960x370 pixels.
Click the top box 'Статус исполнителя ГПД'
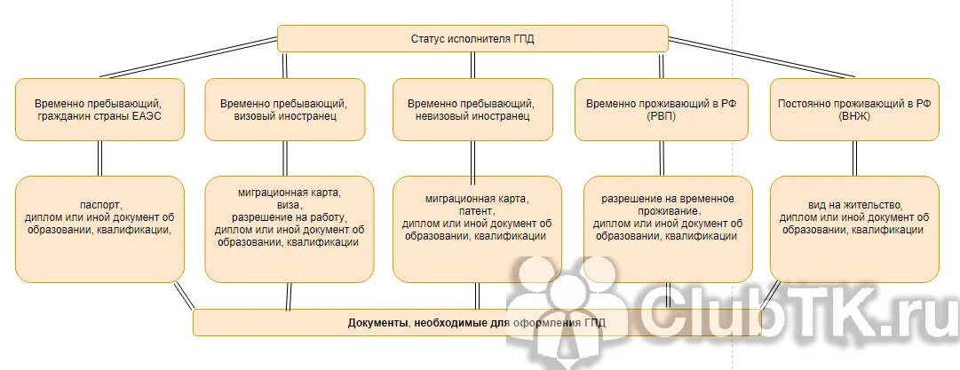pyautogui.click(x=472, y=39)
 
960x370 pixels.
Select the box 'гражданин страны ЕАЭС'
pyautogui.click(x=99, y=109)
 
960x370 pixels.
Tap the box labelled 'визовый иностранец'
pyautogui.click(x=285, y=109)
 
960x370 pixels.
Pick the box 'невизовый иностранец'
pyautogui.click(x=476, y=109)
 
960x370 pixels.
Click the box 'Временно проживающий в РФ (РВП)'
pyautogui.click(x=667, y=109)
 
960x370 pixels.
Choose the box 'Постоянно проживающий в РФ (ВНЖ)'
pyautogui.click(x=853, y=109)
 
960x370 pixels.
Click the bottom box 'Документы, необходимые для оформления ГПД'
pyautogui.click(x=476, y=323)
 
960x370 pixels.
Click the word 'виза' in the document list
pyautogui.click(x=290, y=204)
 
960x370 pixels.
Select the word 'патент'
pyautogui.click(x=477, y=211)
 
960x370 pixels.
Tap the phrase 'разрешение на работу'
pyautogui.click(x=290, y=216)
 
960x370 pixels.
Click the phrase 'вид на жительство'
pyautogui.click(x=853, y=204)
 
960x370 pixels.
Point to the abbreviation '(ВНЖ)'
pyautogui.click(x=853, y=116)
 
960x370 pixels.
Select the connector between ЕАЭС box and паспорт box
pyautogui.click(x=99, y=158)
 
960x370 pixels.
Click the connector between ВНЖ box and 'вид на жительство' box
pyautogui.click(x=854, y=158)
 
